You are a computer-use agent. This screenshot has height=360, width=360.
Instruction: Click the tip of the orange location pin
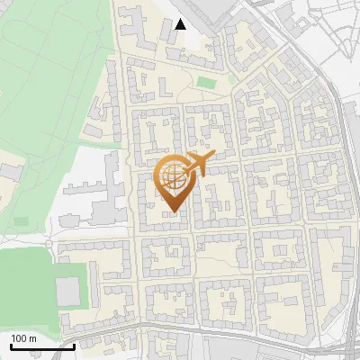click(172, 212)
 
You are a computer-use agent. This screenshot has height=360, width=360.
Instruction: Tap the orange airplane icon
click(200, 163)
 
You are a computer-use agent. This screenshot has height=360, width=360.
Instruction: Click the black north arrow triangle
click(181, 24)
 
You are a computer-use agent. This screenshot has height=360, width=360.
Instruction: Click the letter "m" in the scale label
click(32, 338)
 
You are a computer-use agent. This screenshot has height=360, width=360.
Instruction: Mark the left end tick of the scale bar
click(10, 346)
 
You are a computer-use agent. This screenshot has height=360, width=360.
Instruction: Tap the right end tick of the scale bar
click(74, 346)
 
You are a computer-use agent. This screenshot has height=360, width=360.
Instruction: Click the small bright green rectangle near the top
click(207, 83)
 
